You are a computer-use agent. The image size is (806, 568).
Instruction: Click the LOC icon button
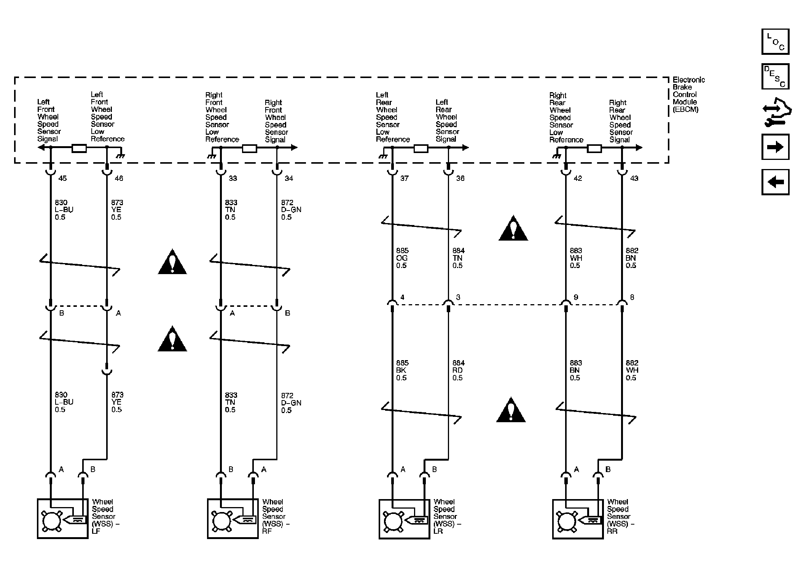tap(775, 41)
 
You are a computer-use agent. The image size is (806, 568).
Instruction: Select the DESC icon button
tap(775, 77)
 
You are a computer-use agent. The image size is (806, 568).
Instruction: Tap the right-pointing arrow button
tap(775, 147)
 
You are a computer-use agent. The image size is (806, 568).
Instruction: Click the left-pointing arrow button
tap(775, 182)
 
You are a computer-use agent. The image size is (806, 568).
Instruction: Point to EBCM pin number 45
tap(62, 178)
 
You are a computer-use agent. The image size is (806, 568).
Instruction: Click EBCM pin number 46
tap(119, 178)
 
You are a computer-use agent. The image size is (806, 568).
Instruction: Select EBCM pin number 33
tap(233, 178)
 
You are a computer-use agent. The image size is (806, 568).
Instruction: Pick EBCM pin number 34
tap(289, 178)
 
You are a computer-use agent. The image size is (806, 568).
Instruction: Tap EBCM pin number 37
tap(404, 178)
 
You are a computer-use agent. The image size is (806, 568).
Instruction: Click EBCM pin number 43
tap(634, 178)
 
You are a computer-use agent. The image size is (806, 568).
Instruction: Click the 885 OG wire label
tap(402, 258)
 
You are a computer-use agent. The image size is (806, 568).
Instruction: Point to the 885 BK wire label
tap(402, 370)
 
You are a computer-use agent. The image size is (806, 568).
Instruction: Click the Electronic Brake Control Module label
tap(688, 94)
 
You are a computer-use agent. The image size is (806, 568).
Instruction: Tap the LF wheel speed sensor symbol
tap(63, 519)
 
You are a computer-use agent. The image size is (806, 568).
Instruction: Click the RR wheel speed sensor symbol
tap(578, 519)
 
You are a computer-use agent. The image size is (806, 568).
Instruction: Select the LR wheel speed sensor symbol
tap(404, 519)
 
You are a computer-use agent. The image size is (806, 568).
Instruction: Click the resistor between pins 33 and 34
tap(249, 148)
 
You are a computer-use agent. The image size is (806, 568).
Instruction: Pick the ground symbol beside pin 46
tap(121, 156)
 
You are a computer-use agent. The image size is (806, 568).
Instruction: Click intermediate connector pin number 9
tap(576, 297)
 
